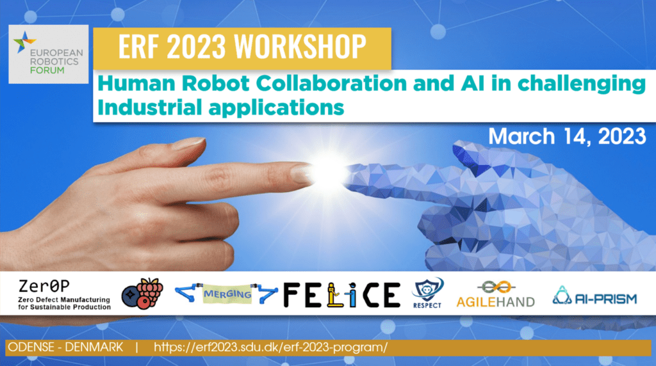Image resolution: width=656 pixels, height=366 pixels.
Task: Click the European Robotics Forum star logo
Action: tap(24, 42)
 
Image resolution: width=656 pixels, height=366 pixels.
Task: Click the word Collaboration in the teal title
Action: tap(331, 83)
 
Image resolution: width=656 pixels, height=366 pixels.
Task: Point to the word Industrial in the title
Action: tap(149, 107)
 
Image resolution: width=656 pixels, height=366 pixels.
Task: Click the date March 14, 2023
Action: tap(568, 137)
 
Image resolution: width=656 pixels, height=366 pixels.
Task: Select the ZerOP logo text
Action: tap(44, 286)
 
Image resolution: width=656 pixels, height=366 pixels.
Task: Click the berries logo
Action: tap(142, 293)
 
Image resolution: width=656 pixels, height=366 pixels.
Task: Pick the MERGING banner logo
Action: tap(226, 293)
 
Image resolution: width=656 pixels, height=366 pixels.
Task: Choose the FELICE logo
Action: tap(342, 295)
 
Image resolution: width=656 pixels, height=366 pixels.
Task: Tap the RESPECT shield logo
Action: tap(427, 293)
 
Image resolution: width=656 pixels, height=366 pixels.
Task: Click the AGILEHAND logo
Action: tap(495, 294)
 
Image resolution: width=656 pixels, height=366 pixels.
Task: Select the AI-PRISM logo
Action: tap(594, 296)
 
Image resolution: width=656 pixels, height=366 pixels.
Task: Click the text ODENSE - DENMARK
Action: tap(65, 347)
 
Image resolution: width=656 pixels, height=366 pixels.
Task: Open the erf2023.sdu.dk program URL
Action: tap(271, 347)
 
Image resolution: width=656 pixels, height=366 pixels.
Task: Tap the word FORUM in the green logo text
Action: tap(47, 70)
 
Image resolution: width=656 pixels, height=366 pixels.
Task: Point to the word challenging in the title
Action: tap(582, 84)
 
